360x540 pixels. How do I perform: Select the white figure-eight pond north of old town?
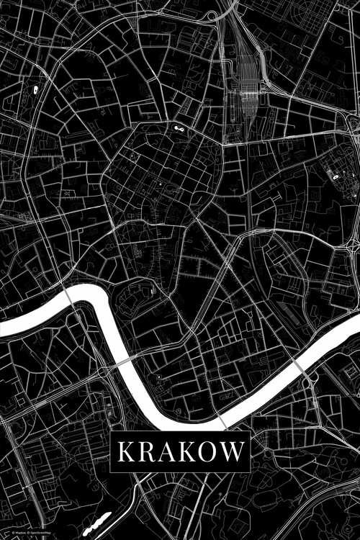point(177,127)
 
